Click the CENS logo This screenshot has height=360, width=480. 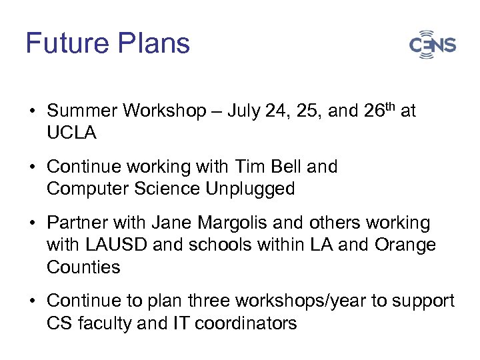tap(433, 45)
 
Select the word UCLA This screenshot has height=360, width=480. tap(71, 133)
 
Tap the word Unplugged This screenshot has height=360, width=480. tap(250, 189)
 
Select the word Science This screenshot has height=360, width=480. tap(165, 189)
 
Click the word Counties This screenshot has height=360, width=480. tap(83, 267)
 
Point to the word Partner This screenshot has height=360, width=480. tap(74, 222)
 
